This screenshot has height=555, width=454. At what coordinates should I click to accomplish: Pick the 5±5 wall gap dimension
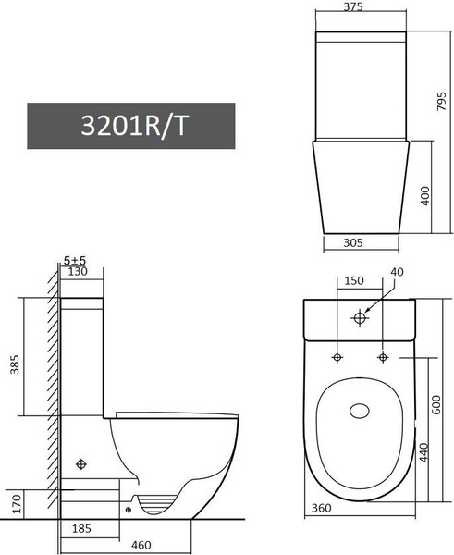(75, 261)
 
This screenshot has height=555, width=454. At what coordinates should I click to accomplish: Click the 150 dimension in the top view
(353, 281)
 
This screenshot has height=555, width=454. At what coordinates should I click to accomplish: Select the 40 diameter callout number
(398, 272)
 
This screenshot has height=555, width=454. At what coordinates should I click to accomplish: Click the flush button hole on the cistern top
(360, 319)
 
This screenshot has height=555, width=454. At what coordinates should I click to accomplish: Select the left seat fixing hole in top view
(337, 357)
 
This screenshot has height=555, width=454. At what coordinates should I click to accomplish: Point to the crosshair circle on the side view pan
(82, 462)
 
